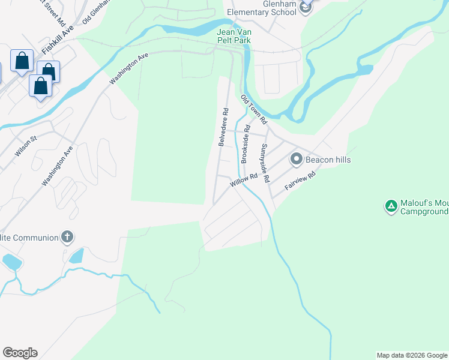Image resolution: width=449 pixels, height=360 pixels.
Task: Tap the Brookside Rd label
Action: tap(246, 144)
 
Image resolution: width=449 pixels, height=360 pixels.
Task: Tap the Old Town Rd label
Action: tap(253, 109)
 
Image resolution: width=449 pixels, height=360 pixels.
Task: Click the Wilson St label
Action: tap(26, 146)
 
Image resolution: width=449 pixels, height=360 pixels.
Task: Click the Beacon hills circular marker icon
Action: tap(296, 160)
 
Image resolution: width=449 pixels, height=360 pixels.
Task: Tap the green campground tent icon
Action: tap(391, 206)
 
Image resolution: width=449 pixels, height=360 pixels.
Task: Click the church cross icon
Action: tap(67, 238)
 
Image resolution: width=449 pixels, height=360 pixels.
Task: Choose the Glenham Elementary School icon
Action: tap(306, 7)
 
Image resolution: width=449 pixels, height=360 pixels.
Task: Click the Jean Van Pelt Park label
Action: tap(234, 35)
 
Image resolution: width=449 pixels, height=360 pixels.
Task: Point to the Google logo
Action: tap(20, 353)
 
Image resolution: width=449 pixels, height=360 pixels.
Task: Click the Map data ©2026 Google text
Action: tap(412, 355)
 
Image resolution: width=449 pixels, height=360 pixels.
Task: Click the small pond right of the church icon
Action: tap(76, 256)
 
